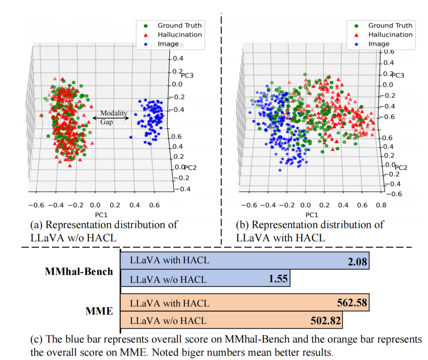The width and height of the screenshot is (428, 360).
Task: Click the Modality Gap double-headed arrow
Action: [x=110, y=118]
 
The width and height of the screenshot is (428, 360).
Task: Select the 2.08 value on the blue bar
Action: [x=357, y=262]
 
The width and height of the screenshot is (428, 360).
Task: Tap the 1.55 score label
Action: [x=278, y=278]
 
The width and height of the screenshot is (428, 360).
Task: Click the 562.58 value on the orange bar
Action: [x=352, y=303]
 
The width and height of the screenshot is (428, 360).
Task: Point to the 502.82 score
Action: [x=326, y=320]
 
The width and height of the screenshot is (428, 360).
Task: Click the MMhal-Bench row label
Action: [x=79, y=271]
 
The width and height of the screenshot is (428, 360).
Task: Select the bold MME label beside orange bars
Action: [x=99, y=311]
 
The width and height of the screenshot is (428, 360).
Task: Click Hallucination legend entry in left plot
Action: [x=179, y=35]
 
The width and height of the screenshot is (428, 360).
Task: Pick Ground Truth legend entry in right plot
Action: [x=390, y=25]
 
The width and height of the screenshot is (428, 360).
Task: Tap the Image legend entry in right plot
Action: [x=379, y=44]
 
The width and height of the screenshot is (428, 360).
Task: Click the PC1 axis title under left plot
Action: [x=101, y=215]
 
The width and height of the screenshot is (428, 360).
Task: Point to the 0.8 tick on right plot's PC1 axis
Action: [x=381, y=205]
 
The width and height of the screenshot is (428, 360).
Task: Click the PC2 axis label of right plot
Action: [x=401, y=168]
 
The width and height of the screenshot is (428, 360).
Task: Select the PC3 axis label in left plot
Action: [x=187, y=75]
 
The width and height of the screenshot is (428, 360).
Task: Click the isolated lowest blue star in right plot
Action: [x=280, y=170]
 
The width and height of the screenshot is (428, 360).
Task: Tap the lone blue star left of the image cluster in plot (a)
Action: [x=131, y=137]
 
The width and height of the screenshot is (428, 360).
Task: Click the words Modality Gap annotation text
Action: [x=114, y=118]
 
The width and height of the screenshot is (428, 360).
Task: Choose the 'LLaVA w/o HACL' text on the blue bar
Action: [x=168, y=279]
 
